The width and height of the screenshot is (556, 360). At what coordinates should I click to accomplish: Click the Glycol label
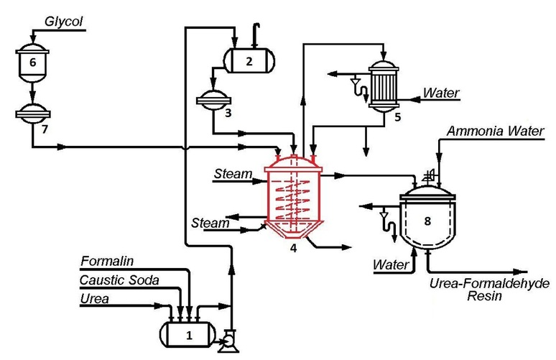coord(63,22)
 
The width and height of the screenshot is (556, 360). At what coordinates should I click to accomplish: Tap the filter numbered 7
coord(33,114)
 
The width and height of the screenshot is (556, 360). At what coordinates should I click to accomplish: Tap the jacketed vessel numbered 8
coord(427,221)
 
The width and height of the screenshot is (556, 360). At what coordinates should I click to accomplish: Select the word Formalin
coord(107,261)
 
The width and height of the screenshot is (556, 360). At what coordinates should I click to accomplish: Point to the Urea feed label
coord(95,298)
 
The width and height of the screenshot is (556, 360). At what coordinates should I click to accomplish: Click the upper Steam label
coord(233,174)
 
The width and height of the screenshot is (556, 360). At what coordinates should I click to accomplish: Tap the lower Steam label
coord(210,223)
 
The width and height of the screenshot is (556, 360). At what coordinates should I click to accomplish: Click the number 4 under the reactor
coord(292,248)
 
